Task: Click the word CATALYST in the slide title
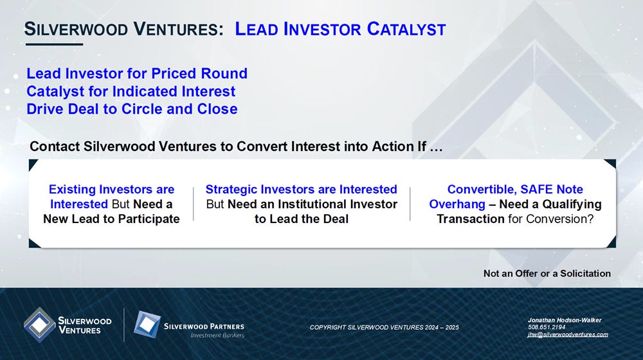[x=406, y=29]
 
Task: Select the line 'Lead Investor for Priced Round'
[x=137, y=73]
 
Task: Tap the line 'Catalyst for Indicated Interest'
[x=131, y=91]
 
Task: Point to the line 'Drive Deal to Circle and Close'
[x=132, y=109]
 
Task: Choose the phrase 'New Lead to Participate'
[x=111, y=219]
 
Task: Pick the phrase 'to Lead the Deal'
[x=302, y=219]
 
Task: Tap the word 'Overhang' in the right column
[x=457, y=204]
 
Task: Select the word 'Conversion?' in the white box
[x=560, y=219]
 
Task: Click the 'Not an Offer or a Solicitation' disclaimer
[x=547, y=273]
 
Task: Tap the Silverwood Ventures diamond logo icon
[x=39, y=325]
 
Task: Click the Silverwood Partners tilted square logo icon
[x=147, y=325]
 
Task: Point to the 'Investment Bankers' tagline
[x=217, y=336]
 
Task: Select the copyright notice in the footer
[x=385, y=327]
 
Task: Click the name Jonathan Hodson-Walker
[x=565, y=319]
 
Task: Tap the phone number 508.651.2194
[x=547, y=327]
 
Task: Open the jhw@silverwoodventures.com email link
[x=568, y=334]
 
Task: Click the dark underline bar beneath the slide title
[x=54, y=44]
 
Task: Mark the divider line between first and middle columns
[x=193, y=204]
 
